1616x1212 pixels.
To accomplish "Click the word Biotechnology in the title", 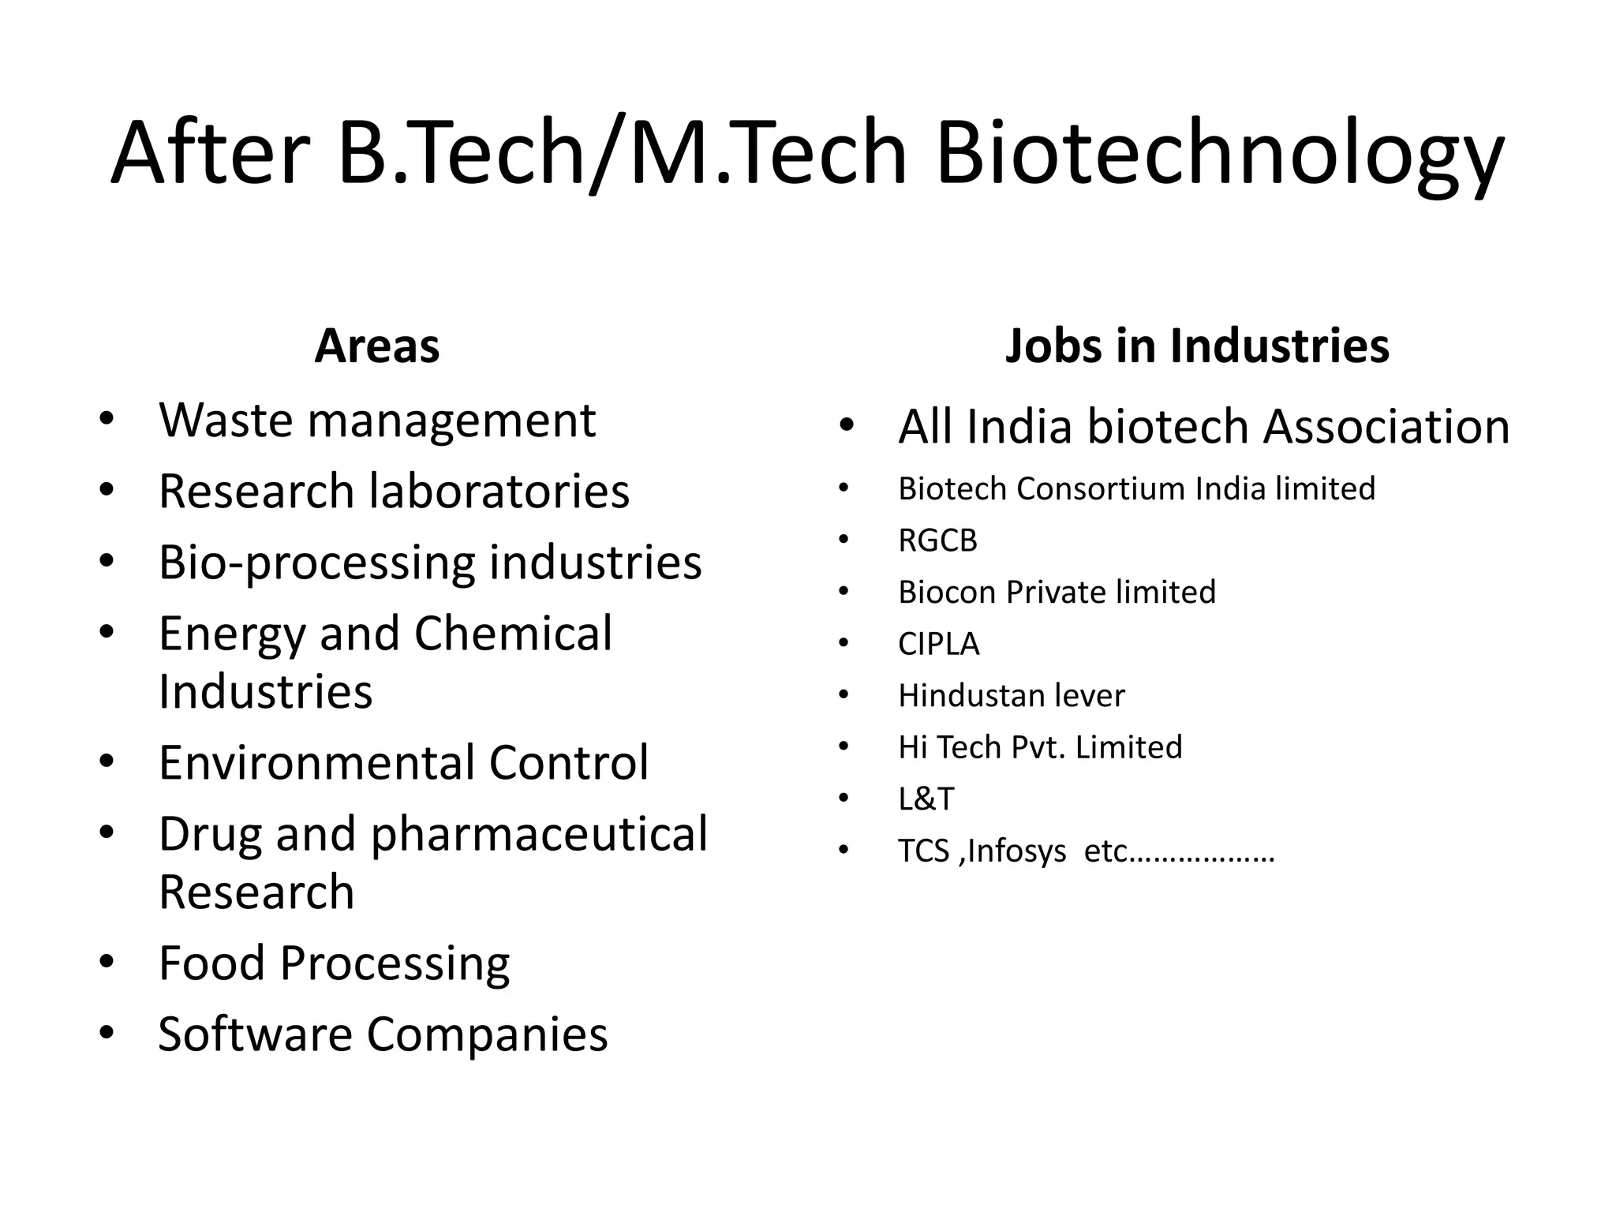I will pyautogui.click(x=1219, y=154).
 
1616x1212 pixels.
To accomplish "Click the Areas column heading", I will pyautogui.click(x=376, y=346).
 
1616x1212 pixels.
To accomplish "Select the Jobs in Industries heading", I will pyautogui.click(x=1196, y=346).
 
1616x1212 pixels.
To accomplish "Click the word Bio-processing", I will pyautogui.click(x=315, y=563).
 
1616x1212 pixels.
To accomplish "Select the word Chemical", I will pyautogui.click(x=513, y=634).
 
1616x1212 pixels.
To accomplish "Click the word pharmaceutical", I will pyautogui.click(x=539, y=835).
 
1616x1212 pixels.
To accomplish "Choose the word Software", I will pyautogui.click(x=254, y=1034).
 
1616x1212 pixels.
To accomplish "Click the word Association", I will pyautogui.click(x=1386, y=427).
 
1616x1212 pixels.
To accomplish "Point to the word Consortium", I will pyautogui.click(x=1101, y=489).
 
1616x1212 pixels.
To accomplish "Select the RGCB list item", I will pyautogui.click(x=937, y=541).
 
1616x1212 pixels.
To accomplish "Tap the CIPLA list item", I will pyautogui.click(x=938, y=645).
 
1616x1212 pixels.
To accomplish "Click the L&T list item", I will pyautogui.click(x=926, y=799).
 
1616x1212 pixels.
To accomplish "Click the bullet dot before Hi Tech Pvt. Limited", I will pyautogui.click(x=844, y=746).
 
